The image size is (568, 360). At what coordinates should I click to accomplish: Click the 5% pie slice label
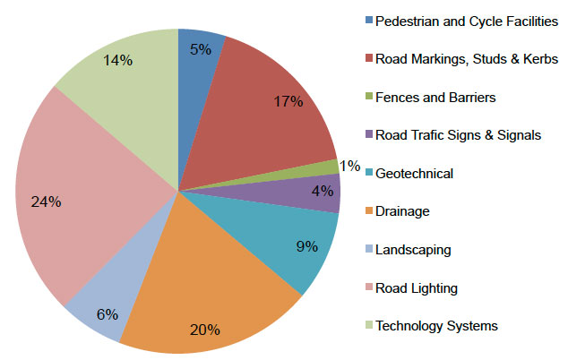(x=201, y=50)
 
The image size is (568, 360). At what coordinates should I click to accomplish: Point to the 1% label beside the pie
(x=349, y=166)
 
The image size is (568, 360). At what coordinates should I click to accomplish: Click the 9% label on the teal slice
(x=306, y=245)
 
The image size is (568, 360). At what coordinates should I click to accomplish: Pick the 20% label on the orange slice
(x=205, y=330)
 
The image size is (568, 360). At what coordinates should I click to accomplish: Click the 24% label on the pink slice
(x=46, y=202)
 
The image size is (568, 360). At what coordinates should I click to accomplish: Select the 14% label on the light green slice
(x=118, y=61)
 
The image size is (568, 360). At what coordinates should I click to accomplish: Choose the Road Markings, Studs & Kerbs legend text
(x=467, y=59)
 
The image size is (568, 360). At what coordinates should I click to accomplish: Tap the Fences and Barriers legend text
(x=435, y=97)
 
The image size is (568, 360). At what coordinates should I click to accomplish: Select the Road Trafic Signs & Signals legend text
(x=459, y=135)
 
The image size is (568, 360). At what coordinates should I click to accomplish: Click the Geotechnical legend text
(x=414, y=173)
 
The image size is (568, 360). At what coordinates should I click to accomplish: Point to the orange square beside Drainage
(x=368, y=210)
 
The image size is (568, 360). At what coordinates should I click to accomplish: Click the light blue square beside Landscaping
(x=368, y=249)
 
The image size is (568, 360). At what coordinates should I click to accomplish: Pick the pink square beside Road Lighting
(x=368, y=287)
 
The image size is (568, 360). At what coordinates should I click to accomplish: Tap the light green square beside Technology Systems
(x=368, y=325)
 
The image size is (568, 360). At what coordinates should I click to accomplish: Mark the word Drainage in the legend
(x=403, y=211)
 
